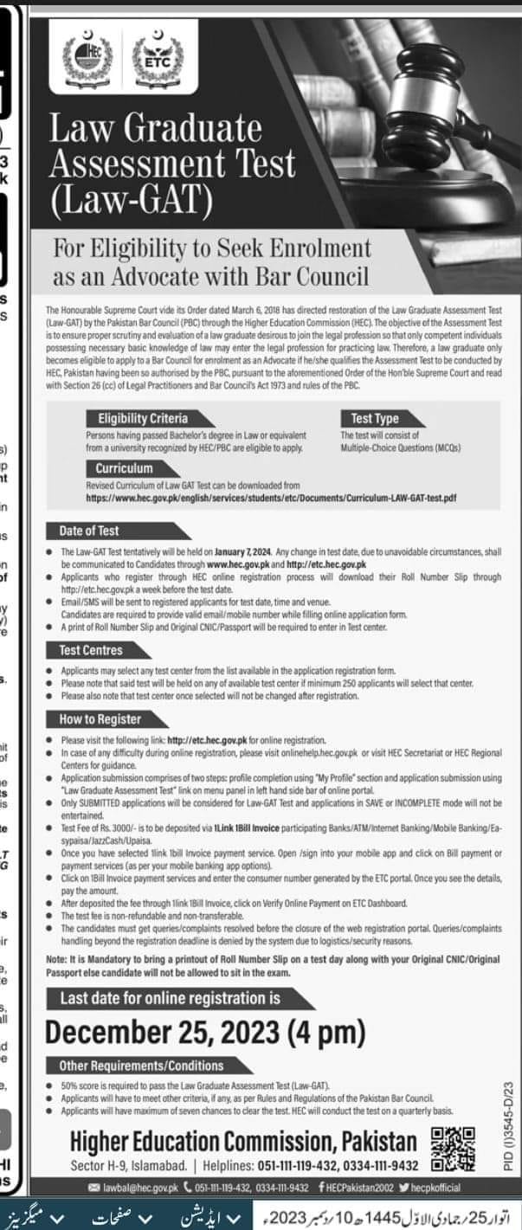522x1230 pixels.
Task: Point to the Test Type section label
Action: pyautogui.click(x=375, y=418)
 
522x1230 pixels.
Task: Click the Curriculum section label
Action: pyautogui.click(x=124, y=468)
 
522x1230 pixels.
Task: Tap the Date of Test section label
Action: pyautogui.click(x=89, y=531)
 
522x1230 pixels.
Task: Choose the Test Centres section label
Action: pyautogui.click(x=91, y=649)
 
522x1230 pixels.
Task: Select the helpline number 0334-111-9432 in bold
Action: pyautogui.click(x=380, y=1166)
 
